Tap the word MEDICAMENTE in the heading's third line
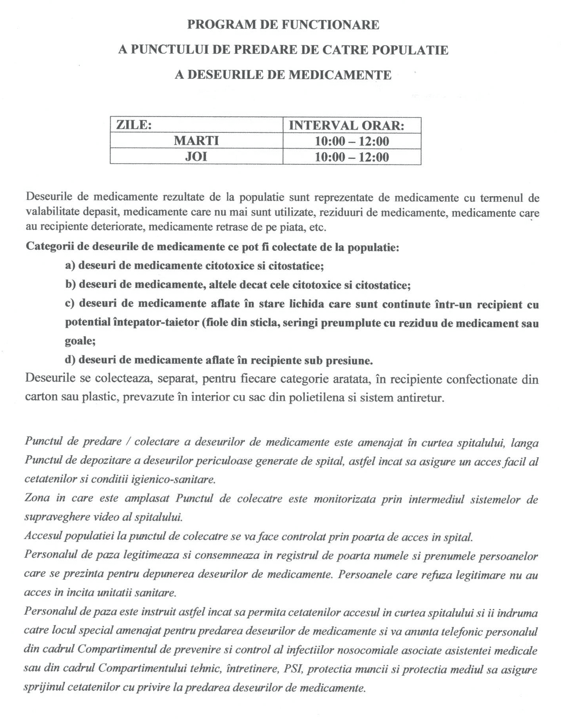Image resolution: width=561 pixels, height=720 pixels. pos(340,75)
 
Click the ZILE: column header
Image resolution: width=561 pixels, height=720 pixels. pos(134,125)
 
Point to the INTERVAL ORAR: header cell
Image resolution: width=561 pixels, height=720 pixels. pos(347,125)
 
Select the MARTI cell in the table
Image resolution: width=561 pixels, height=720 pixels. pos(196,141)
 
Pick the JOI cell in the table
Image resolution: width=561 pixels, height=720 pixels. pos(196,157)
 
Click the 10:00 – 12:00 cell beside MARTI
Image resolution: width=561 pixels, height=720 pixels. pos(352,141)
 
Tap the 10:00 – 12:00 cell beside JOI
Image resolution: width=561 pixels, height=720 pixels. pos(352,157)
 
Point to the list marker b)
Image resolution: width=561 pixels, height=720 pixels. pos(70,285)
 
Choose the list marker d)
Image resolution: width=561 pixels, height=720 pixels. pos(70,360)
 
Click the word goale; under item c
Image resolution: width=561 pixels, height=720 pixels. pos(80,341)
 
